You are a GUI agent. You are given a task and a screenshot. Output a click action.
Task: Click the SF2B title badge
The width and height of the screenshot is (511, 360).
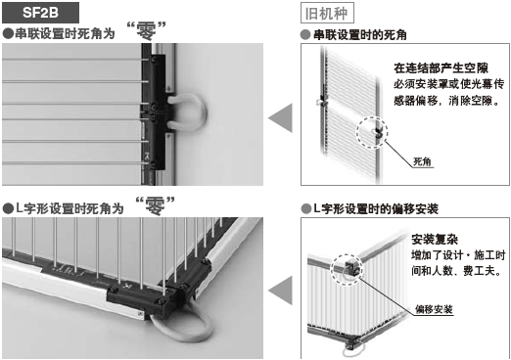tap(40, 13)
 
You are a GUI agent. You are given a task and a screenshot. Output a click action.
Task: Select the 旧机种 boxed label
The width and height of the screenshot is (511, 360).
tap(327, 13)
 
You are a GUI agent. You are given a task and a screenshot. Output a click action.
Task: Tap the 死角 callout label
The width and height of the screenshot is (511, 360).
tap(422, 161)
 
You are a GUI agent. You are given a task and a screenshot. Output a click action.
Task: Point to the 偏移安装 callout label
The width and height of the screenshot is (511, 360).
tap(434, 309)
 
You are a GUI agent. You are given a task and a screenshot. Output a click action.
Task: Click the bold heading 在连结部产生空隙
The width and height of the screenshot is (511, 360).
tap(441, 68)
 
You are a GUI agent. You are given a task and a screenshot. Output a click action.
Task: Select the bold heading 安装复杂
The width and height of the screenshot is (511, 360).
tap(435, 240)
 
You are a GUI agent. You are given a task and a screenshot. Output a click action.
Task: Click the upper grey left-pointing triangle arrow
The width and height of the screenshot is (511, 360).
tap(281, 117)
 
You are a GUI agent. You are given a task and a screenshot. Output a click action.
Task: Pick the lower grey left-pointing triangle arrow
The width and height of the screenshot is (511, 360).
tap(281, 290)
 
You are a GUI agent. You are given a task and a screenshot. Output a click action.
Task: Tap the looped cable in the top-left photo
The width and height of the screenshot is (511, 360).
tap(204, 111)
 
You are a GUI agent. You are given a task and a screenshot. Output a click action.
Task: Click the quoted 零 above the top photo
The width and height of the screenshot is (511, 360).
tap(146, 31)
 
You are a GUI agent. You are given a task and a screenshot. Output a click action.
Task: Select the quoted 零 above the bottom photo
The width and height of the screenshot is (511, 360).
tap(155, 205)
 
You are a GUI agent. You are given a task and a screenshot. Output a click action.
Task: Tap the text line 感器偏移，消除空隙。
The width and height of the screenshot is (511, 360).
tap(446, 101)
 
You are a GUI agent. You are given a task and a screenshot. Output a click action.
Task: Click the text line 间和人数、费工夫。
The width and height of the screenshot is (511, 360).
tap(456, 271)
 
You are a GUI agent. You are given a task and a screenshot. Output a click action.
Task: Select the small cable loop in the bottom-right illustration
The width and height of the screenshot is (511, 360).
tap(351, 351)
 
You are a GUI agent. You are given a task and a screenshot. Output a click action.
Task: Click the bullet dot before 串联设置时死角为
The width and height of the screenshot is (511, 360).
tap(8, 34)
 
